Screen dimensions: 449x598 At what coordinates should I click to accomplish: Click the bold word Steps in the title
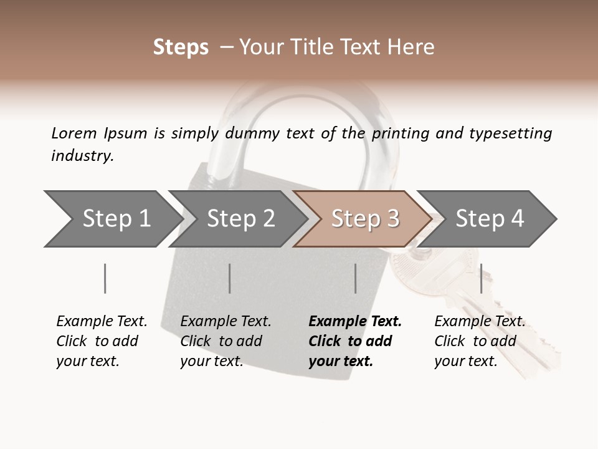point(181,47)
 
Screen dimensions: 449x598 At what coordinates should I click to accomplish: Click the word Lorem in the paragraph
point(74,133)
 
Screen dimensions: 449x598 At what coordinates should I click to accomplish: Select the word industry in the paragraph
point(82,156)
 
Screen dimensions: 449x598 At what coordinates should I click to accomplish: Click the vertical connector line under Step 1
point(105,278)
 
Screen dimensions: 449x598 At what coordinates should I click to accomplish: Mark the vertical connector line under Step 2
point(230,278)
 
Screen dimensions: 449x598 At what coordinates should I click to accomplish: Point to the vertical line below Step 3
point(355,278)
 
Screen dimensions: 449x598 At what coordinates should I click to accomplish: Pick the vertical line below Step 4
point(481,278)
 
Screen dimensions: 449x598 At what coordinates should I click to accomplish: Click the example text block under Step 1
point(102,341)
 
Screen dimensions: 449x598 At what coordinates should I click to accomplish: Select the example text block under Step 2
point(225,341)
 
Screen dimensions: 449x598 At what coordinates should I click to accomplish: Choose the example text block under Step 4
point(480,341)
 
